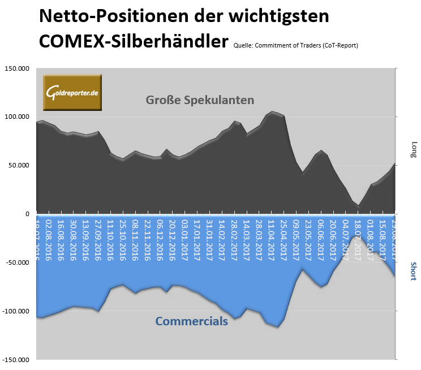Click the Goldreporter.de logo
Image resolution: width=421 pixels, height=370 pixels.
coord(72,92)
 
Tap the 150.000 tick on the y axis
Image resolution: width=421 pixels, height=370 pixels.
coord(17,68)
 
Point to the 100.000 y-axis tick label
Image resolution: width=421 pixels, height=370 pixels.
coord(17,117)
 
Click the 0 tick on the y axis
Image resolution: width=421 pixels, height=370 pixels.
coord(27,214)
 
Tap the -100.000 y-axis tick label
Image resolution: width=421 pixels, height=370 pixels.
coord(16,311)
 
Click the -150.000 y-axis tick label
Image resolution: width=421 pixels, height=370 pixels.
coord(16,360)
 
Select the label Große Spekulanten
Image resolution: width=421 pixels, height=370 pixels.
coord(200,100)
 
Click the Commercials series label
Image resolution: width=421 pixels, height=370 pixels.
coord(191,321)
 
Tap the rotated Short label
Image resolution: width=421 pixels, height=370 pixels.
coord(414,271)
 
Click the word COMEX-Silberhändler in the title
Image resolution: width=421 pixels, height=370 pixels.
coord(134,41)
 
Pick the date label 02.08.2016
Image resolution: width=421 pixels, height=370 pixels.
coord(49,238)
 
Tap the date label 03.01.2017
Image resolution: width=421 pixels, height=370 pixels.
coord(183,238)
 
